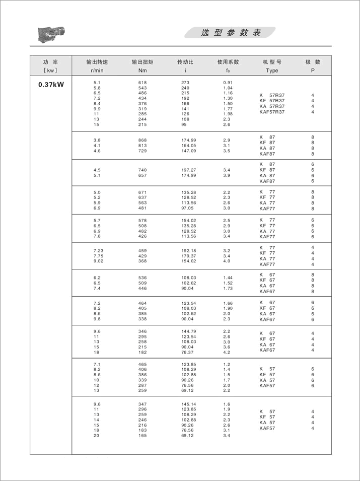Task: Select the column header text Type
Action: pos(272,71)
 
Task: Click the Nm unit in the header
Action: pos(142,71)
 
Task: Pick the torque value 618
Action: pos(142,82)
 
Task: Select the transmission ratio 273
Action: pos(185,82)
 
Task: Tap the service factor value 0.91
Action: pos(228,82)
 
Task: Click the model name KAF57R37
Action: pos(272,112)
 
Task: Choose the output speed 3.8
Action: pos(97,139)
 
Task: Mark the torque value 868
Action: pos(142,139)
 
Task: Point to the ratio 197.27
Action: pos(189,170)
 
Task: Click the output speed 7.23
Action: pos(98,250)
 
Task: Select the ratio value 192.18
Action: pos(189,250)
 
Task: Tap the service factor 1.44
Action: pos(228,278)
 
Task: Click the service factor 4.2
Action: pos(227,353)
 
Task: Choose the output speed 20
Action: pos(97,435)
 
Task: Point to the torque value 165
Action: pos(142,435)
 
